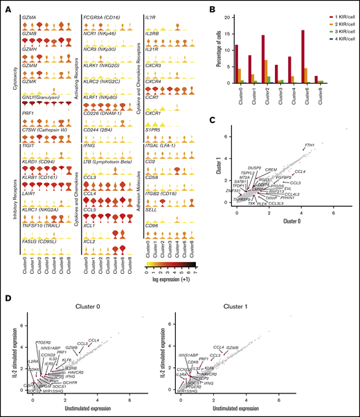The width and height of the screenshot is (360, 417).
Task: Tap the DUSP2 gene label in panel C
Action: coord(253,168)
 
